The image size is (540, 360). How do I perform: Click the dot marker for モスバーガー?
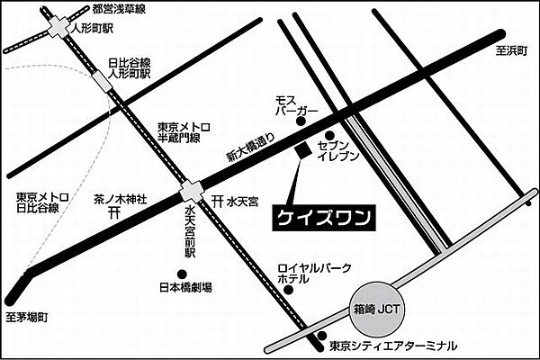tap(302, 121)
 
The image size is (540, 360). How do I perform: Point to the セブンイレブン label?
tap(341, 150)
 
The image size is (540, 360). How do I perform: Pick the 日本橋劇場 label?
tap(185, 288)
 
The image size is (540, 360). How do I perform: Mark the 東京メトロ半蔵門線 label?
tap(184, 132)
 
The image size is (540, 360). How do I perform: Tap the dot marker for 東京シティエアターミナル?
tap(321, 338)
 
